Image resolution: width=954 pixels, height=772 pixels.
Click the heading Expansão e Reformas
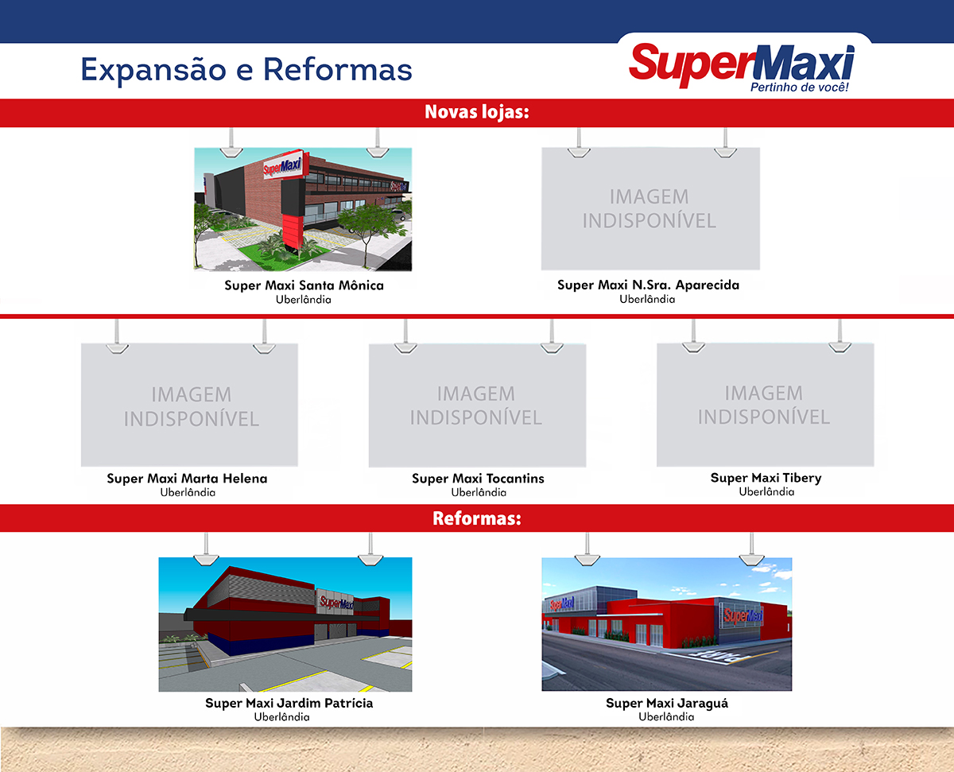click(x=246, y=69)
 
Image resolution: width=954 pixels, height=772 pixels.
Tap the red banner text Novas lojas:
click(x=477, y=112)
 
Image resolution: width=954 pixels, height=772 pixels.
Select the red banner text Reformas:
click(x=477, y=519)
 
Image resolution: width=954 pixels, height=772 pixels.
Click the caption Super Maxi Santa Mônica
click(x=304, y=285)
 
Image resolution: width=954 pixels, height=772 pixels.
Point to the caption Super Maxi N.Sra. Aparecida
click(x=648, y=285)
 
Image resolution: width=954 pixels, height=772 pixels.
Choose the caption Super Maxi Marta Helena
click(x=188, y=479)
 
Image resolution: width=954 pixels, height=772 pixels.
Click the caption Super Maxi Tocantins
click(x=478, y=479)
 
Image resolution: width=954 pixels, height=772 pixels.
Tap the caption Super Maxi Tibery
click(x=766, y=478)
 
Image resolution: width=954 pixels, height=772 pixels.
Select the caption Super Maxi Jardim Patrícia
click(x=289, y=703)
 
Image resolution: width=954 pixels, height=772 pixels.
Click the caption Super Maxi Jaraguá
click(x=667, y=703)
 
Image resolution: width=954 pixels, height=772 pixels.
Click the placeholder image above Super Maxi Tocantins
click(x=477, y=405)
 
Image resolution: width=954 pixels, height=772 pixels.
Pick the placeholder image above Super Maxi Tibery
click(x=765, y=405)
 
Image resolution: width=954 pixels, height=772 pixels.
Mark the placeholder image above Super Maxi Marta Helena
click(x=190, y=405)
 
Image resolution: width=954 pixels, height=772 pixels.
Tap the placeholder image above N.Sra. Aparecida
click(x=650, y=208)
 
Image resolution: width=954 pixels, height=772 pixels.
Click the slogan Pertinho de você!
click(x=800, y=87)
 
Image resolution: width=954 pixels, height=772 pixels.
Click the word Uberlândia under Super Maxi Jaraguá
click(x=666, y=716)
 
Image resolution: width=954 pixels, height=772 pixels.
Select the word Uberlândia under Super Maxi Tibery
click(x=766, y=491)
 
